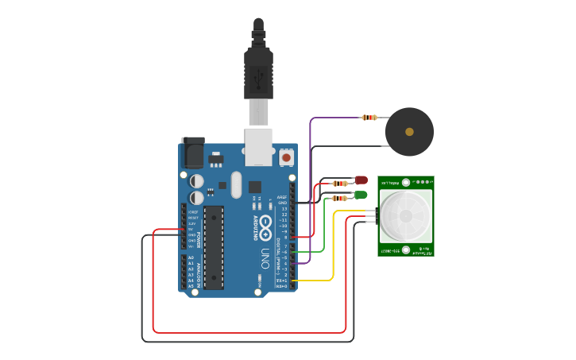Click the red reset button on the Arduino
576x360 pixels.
click(x=285, y=157)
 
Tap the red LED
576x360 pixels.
click(x=361, y=181)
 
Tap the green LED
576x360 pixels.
click(x=361, y=195)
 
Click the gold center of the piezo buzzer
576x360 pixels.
click(x=409, y=132)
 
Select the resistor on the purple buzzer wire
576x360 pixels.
click(x=369, y=118)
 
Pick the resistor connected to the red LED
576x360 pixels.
click(x=339, y=184)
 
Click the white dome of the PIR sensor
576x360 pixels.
click(x=405, y=216)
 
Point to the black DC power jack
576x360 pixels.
click(x=192, y=153)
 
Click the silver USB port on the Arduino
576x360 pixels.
click(x=258, y=148)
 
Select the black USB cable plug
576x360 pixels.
click(x=258, y=72)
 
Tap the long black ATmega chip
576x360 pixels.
click(x=214, y=247)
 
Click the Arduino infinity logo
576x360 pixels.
click(x=265, y=227)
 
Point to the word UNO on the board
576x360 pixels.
click(x=265, y=258)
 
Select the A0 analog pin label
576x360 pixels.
click(x=191, y=257)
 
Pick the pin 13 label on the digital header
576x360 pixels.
click(x=284, y=208)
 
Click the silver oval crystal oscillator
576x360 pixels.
click(x=236, y=184)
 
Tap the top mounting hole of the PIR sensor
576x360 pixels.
click(x=406, y=182)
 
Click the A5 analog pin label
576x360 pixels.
click(x=191, y=286)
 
